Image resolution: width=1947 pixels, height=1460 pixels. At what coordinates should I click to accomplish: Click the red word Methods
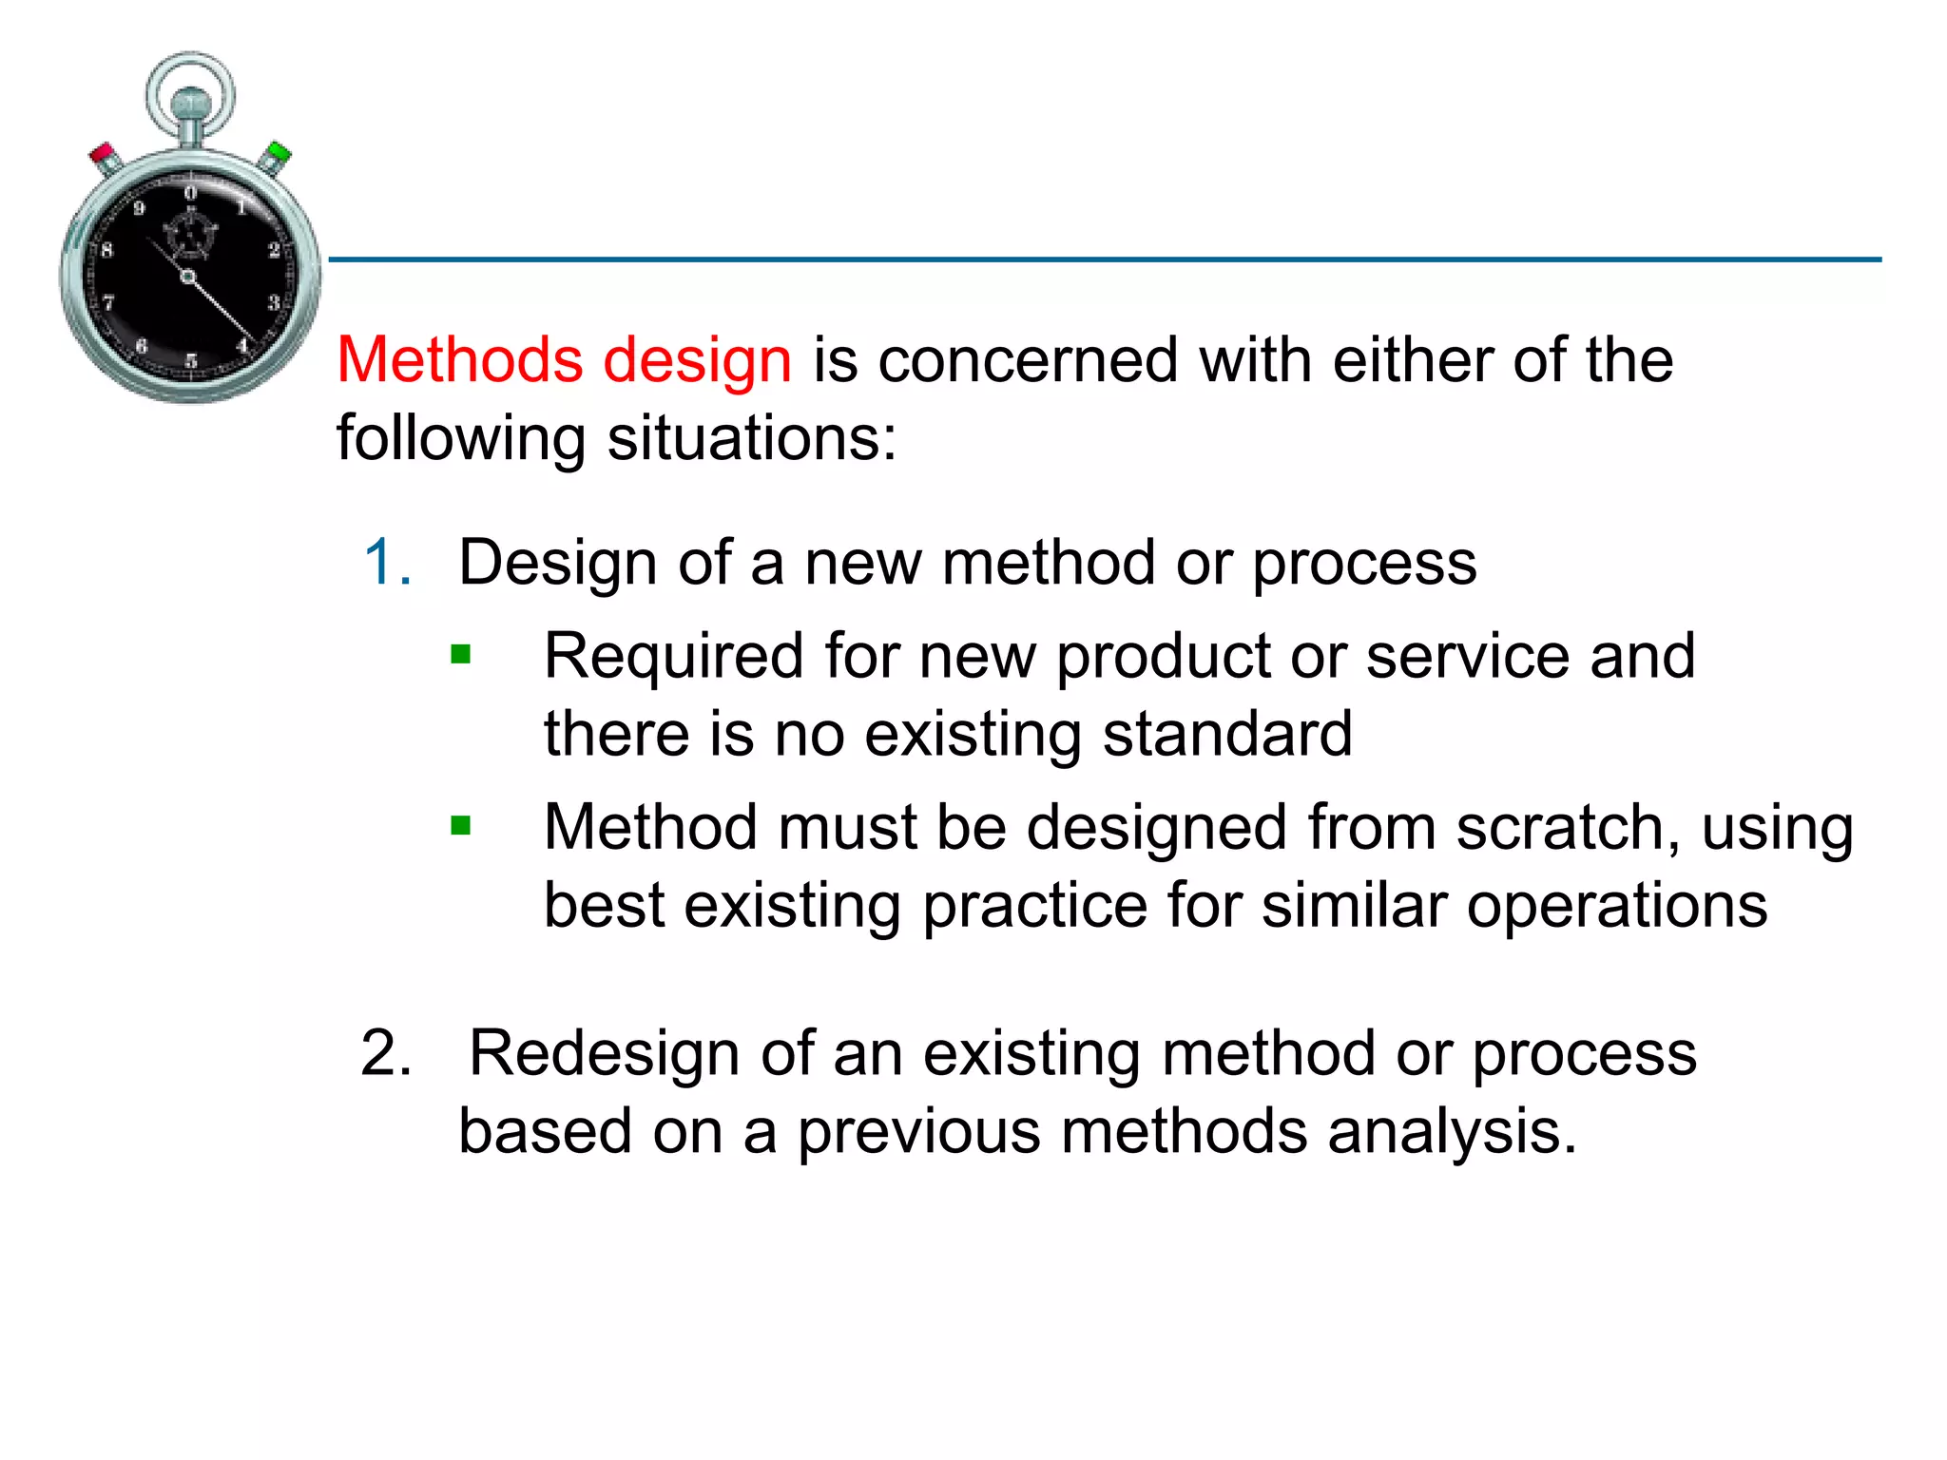(x=459, y=360)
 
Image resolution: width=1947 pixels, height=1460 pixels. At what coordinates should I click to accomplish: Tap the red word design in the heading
(x=697, y=362)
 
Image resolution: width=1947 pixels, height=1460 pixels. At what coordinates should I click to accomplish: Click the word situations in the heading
(x=751, y=438)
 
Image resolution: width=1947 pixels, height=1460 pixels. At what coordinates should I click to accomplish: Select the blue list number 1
(x=386, y=562)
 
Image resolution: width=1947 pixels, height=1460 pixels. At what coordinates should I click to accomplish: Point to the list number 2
(x=386, y=1053)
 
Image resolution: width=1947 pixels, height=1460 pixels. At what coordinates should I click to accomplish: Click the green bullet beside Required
(x=461, y=654)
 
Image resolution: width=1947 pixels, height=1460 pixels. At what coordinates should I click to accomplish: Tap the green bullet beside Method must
(x=461, y=825)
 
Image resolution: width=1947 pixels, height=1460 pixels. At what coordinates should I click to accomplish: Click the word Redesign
(x=604, y=1053)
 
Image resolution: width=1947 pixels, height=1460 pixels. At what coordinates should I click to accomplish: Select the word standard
(x=1227, y=734)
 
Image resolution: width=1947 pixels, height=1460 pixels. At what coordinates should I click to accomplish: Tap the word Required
(x=673, y=656)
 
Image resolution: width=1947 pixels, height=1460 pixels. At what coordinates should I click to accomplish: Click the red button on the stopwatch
(x=104, y=154)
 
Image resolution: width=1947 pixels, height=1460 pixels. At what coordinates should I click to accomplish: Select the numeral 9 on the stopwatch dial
(x=139, y=209)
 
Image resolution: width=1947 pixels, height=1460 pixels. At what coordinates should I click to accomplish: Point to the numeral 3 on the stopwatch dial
(x=274, y=302)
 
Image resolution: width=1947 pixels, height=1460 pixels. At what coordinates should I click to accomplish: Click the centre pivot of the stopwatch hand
(x=188, y=277)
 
